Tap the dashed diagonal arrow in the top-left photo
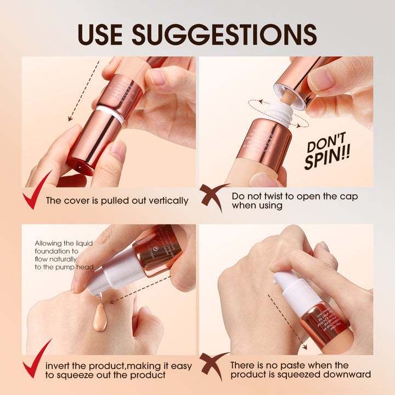coord(83,91)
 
